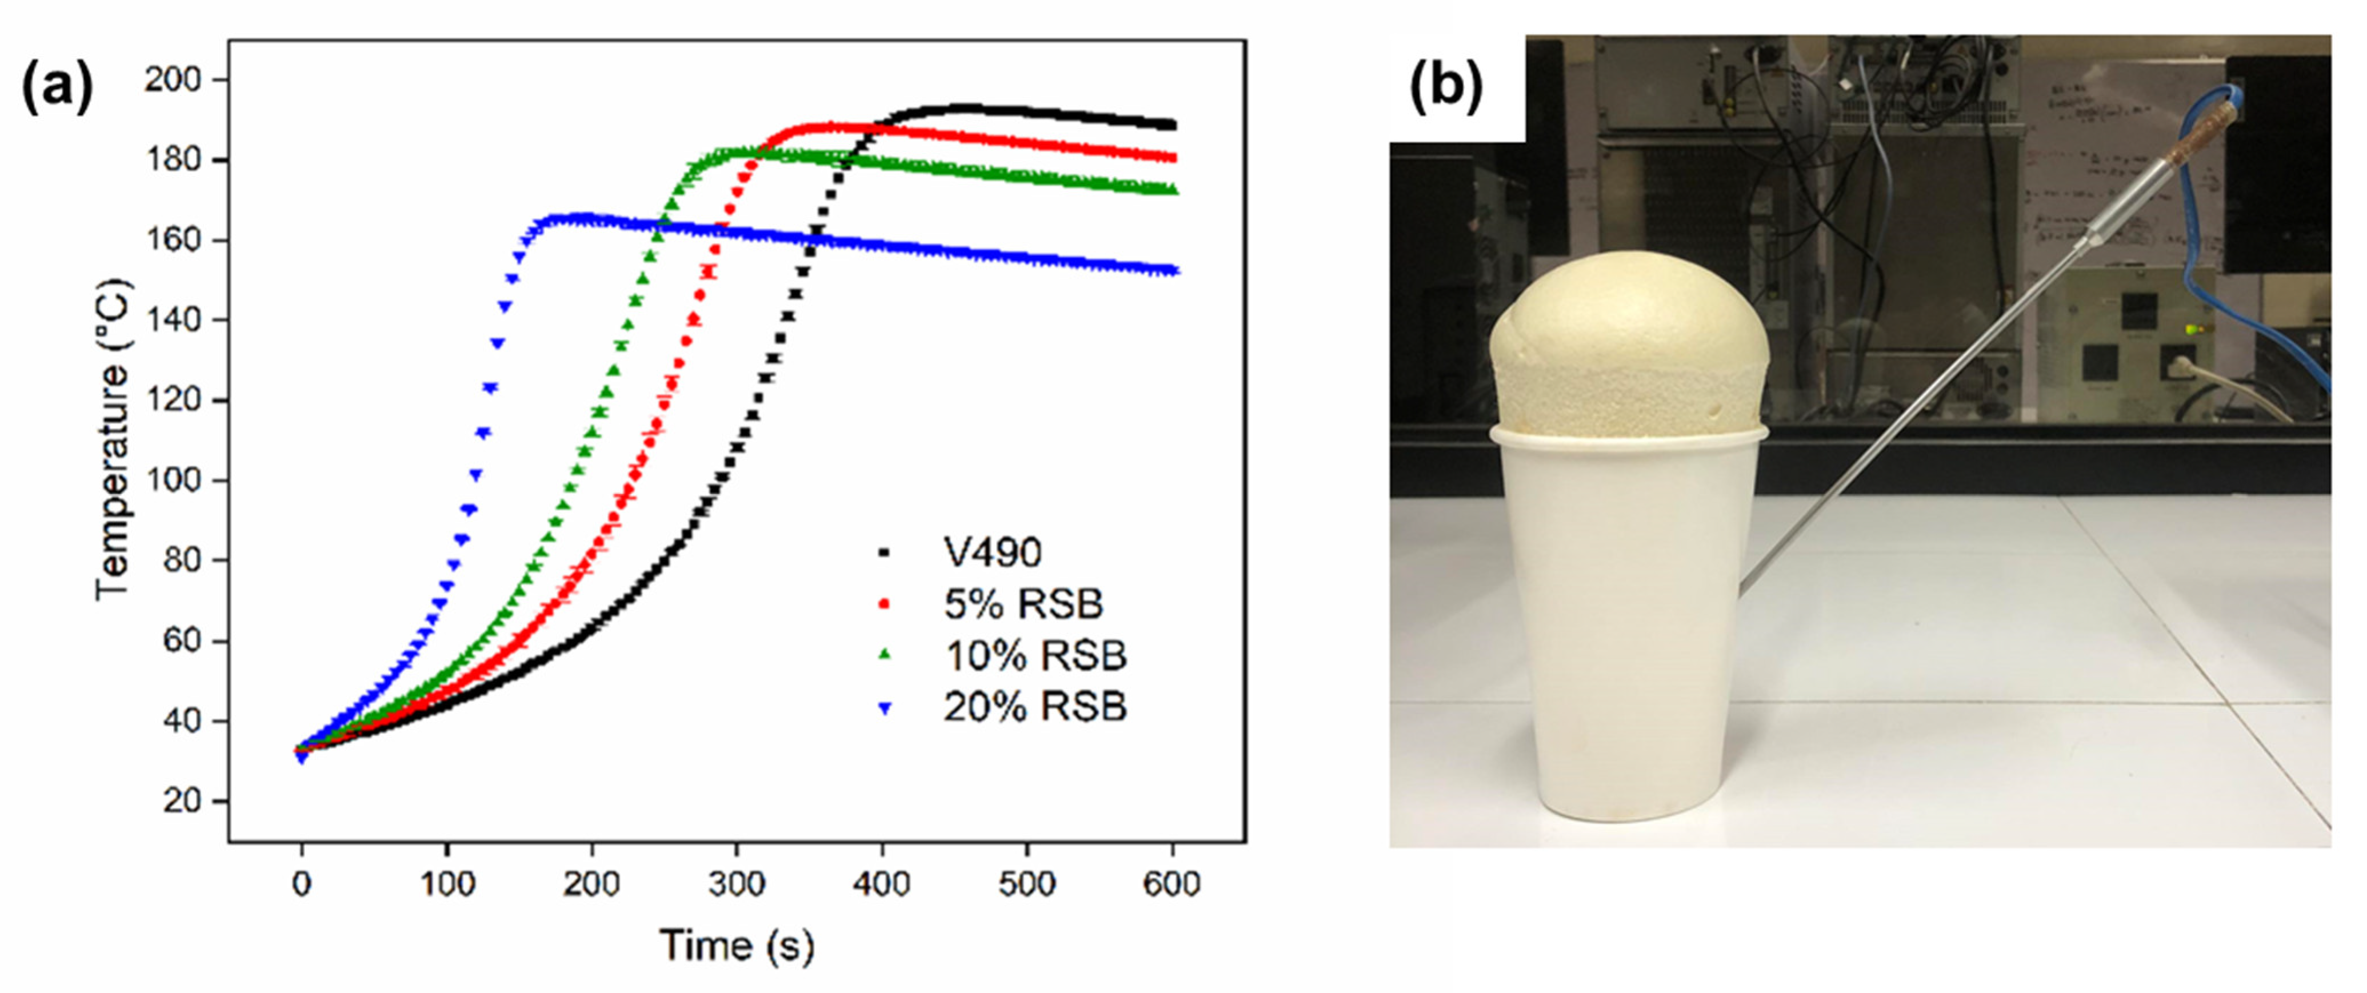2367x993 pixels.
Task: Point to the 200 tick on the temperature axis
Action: point(173,80)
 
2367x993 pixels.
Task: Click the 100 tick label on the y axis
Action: point(173,481)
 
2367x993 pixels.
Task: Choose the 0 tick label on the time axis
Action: point(301,884)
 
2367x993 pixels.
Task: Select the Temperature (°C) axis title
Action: point(114,441)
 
